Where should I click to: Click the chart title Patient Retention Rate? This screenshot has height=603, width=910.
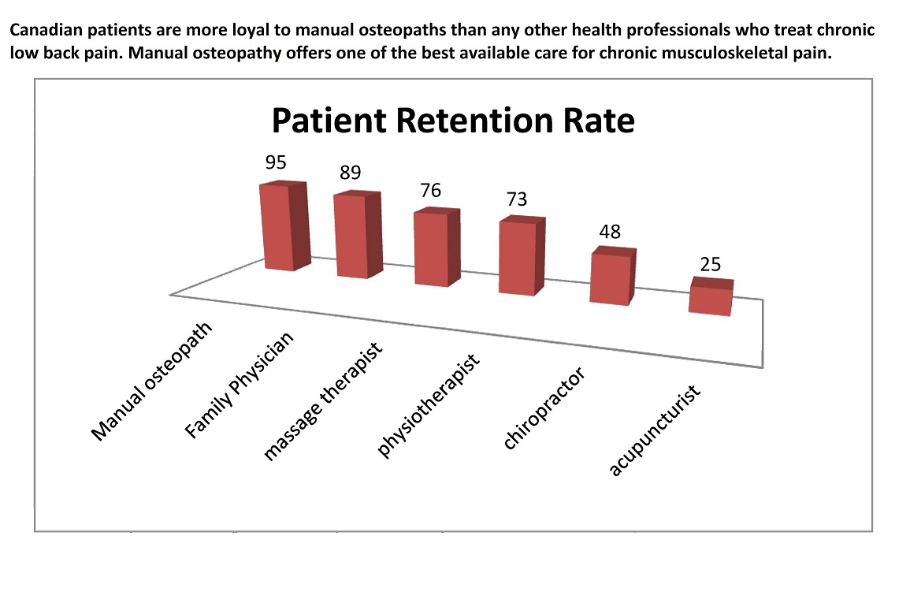[x=452, y=121]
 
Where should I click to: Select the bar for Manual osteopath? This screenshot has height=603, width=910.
[x=282, y=229]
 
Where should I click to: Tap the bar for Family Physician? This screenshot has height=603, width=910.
[x=355, y=236]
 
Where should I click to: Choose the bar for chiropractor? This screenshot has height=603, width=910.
[x=611, y=278]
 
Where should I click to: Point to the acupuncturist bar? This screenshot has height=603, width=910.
[x=711, y=299]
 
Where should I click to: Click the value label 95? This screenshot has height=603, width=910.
[x=276, y=162]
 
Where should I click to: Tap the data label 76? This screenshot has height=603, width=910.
[x=430, y=191]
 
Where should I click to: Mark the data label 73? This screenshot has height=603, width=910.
[x=516, y=200]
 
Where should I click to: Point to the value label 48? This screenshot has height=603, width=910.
[x=610, y=232]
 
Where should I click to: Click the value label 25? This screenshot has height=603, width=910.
[x=710, y=264]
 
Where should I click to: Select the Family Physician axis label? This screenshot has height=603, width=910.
[x=240, y=385]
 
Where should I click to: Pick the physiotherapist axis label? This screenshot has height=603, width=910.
[x=429, y=405]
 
